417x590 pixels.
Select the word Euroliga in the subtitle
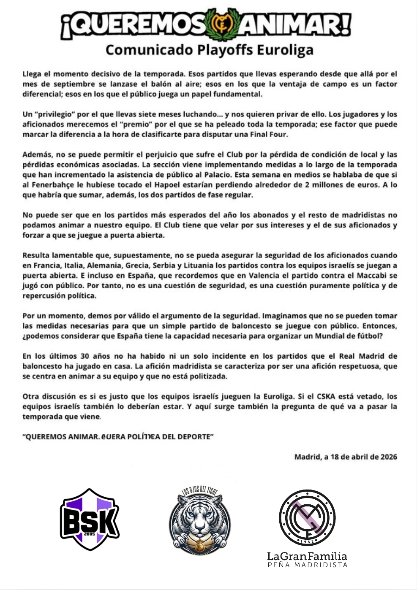pyautogui.click(x=285, y=50)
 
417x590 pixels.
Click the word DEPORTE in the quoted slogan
pyautogui.click(x=192, y=437)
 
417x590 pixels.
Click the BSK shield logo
pyautogui.click(x=90, y=520)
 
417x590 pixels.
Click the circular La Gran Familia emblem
pyautogui.click(x=307, y=518)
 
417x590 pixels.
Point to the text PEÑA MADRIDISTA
pyautogui.click(x=307, y=565)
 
